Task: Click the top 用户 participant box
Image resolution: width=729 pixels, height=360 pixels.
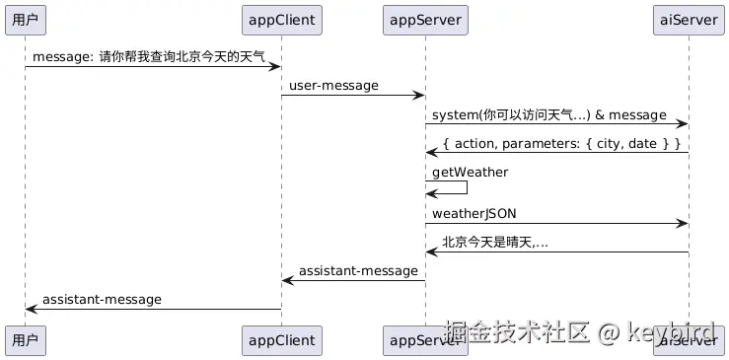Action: pyautogui.click(x=25, y=19)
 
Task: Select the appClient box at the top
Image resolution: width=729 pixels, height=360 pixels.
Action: pyautogui.click(x=280, y=19)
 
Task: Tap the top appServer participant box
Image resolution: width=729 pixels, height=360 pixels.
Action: pyautogui.click(x=424, y=19)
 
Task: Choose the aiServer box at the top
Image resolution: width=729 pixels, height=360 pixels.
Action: pyautogui.click(x=689, y=19)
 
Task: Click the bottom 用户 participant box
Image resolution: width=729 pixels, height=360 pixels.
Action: pyautogui.click(x=25, y=340)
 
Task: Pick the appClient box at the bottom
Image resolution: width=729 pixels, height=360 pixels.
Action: pyautogui.click(x=280, y=340)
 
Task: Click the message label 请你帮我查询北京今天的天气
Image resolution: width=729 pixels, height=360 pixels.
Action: pyautogui.click(x=148, y=57)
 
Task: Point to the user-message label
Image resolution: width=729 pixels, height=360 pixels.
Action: pyautogui.click(x=333, y=86)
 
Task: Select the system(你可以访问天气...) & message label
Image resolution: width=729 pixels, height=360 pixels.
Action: pyautogui.click(x=548, y=115)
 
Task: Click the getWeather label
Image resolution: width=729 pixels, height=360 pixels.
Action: pyautogui.click(x=470, y=173)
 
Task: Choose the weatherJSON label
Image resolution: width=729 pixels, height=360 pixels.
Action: pyautogui.click(x=474, y=214)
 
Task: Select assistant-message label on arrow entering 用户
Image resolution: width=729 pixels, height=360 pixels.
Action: pyautogui.click(x=102, y=299)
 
